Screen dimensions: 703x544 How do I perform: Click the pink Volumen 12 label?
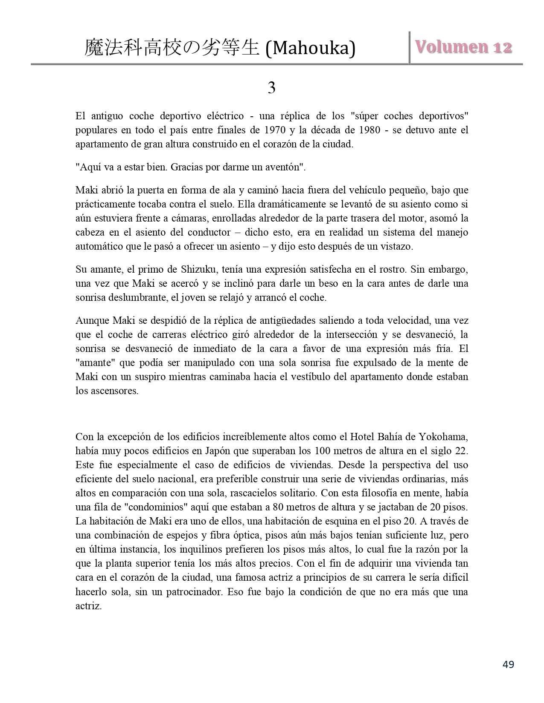pyautogui.click(x=463, y=47)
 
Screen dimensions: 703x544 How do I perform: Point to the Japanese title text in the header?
pyautogui.click(x=172, y=48)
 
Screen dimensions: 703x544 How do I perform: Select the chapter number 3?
pyautogui.click(x=271, y=88)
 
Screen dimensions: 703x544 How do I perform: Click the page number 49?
pyautogui.click(x=508, y=664)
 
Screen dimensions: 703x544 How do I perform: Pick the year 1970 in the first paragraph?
pyautogui.click(x=275, y=130)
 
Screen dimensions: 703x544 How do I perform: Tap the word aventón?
pyautogui.click(x=283, y=167)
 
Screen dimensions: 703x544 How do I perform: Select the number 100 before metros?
pyautogui.click(x=322, y=451)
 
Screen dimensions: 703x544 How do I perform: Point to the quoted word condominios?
pyautogui.click(x=151, y=507)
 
